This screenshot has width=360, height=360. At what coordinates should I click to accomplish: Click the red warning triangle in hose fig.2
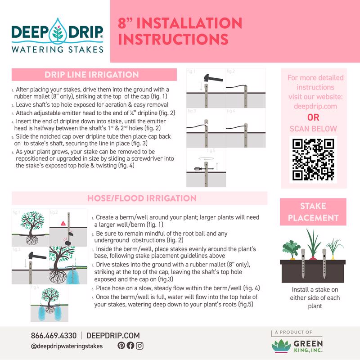tap(63, 223)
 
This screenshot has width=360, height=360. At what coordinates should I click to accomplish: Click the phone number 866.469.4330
tap(54, 335)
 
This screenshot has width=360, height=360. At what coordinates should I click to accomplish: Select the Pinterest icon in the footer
tap(121, 346)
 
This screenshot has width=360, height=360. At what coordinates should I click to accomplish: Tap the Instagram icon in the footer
tap(139, 346)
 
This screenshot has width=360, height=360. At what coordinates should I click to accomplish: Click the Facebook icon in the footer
tap(130, 346)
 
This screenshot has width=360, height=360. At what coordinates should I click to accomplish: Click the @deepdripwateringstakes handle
tap(67, 346)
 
